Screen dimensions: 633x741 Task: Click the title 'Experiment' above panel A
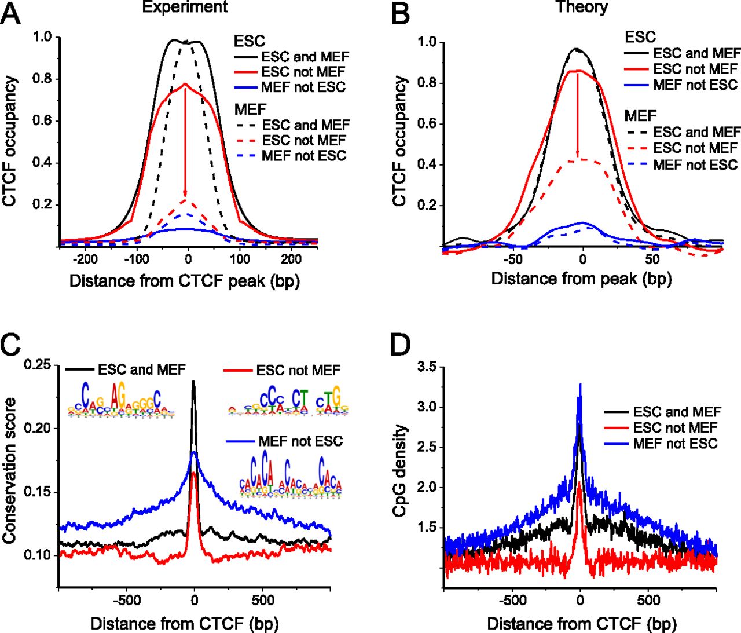point(185,7)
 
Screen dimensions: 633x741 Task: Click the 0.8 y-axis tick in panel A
point(42,79)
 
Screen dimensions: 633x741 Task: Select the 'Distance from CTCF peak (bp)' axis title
point(184,281)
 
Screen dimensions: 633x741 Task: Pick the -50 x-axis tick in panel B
point(512,258)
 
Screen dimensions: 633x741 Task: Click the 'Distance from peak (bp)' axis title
point(581,279)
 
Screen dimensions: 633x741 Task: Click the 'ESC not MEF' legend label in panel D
point(675,428)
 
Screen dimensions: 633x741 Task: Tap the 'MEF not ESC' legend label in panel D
point(675,444)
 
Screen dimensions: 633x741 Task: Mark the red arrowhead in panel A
point(185,193)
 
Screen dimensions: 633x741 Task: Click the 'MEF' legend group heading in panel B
point(640,116)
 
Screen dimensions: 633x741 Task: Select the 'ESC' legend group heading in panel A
point(250,41)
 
